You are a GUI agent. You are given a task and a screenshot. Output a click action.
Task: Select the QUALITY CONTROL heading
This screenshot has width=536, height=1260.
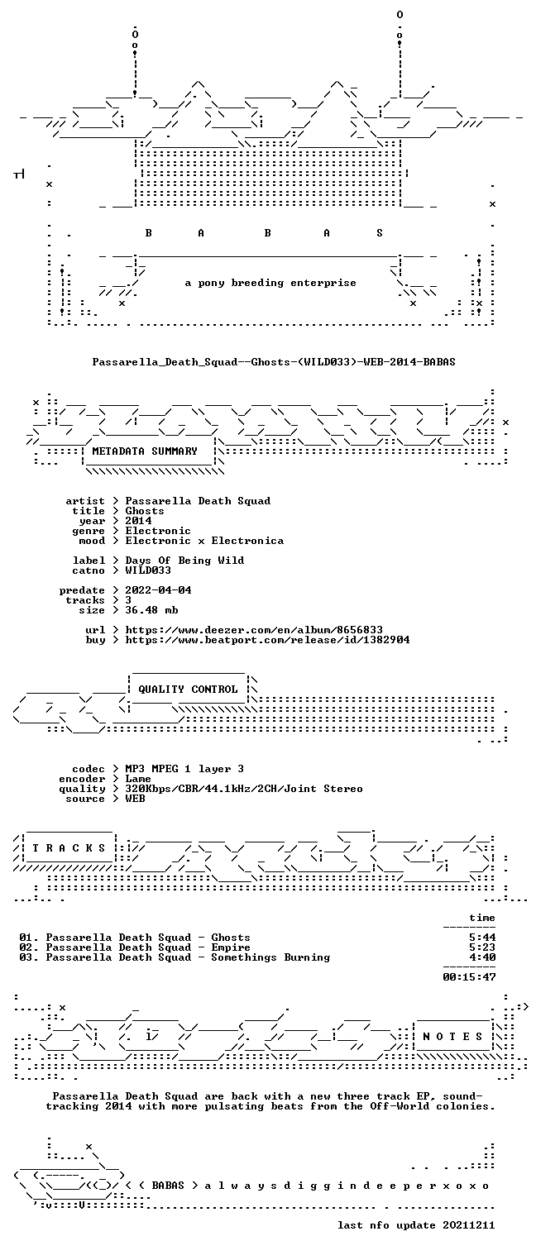[188, 690]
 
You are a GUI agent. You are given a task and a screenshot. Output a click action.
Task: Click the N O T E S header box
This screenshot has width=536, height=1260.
[453, 1037]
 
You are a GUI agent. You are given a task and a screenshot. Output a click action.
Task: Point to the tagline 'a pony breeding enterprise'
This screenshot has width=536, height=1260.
[270, 283]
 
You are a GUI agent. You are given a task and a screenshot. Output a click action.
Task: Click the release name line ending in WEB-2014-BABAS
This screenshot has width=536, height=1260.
[274, 362]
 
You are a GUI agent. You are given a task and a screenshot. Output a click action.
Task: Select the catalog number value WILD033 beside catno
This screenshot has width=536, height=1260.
[148, 570]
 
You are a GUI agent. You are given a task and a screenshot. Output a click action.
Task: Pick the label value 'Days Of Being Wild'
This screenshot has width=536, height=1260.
[184, 561]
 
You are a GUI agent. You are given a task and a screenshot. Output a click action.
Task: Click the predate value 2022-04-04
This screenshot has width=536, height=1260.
[158, 590]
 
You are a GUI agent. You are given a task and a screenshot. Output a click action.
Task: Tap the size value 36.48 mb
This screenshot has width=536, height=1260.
[151, 610]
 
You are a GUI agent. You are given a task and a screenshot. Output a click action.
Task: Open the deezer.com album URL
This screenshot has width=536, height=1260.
[254, 630]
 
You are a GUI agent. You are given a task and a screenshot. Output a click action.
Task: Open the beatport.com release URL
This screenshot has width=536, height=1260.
[267, 640]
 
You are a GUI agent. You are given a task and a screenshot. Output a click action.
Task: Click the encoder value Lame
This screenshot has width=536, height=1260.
[138, 779]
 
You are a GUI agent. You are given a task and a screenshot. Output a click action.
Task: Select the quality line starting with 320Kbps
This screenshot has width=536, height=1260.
[244, 790]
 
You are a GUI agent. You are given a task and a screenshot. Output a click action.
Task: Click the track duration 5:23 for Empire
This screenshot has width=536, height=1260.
[482, 947]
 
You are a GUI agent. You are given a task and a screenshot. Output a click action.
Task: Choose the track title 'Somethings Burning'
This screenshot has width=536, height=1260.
[270, 957]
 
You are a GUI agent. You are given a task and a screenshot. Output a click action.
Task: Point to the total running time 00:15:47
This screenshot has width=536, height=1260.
[469, 977]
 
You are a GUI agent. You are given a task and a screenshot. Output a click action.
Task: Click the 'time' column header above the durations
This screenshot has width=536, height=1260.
[482, 918]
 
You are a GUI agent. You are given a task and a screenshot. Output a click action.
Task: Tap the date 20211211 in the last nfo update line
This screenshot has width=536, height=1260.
[469, 1225]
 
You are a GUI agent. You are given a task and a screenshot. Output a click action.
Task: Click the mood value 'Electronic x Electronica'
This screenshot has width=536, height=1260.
[204, 541]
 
